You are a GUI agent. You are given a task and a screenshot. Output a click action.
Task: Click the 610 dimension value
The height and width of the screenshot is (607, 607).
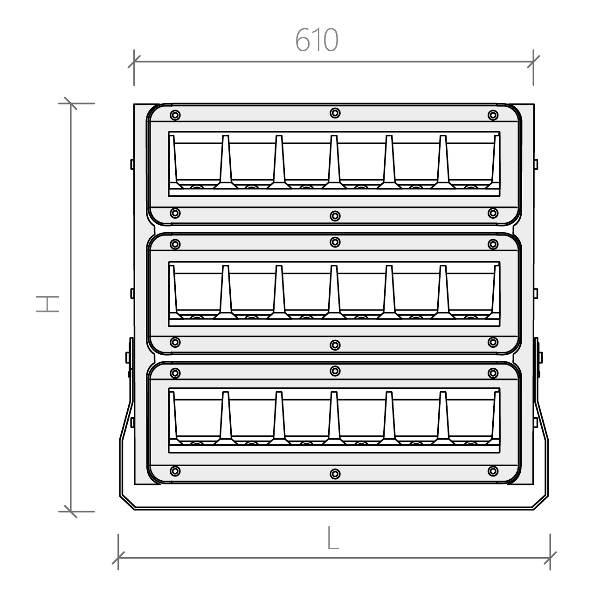coord(317,40)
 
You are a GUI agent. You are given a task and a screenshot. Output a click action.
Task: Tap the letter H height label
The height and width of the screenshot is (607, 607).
coord(48,304)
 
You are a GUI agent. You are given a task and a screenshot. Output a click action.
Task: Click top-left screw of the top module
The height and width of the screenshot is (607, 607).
coord(175,115)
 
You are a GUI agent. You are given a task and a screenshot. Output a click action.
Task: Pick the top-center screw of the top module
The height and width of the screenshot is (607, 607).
coord(335,113)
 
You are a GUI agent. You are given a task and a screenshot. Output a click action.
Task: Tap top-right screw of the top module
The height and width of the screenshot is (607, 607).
coord(493,115)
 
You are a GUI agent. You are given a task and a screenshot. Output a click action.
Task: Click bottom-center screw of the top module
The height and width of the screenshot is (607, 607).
coord(335,216)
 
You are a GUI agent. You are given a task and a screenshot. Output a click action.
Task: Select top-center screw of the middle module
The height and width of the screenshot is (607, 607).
coord(335,242)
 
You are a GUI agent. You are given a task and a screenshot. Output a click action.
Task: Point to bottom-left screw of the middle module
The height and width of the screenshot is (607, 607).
coord(175,342)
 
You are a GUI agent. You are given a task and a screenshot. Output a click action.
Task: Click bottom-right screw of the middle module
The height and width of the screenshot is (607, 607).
coord(493,342)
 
